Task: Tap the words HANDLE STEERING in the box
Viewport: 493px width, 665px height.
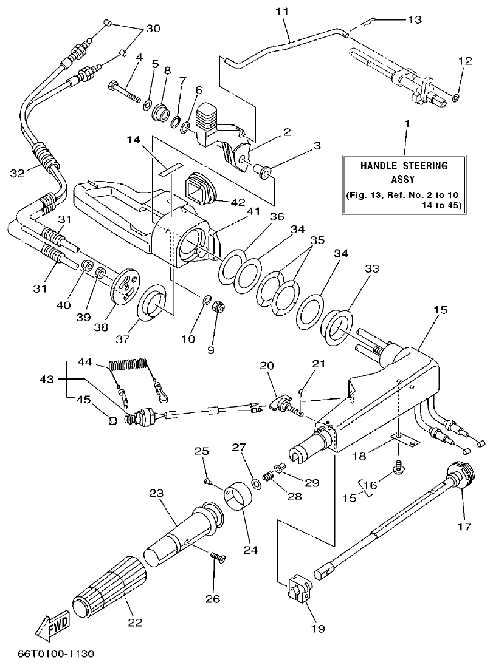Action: coord(404,165)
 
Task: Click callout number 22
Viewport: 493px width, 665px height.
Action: coord(136,621)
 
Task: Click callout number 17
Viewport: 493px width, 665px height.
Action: coord(464,527)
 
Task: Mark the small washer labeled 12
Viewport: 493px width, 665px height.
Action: coord(457,95)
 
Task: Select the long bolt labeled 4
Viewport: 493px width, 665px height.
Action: coord(125,90)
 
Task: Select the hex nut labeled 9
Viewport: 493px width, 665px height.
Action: coord(216,307)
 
